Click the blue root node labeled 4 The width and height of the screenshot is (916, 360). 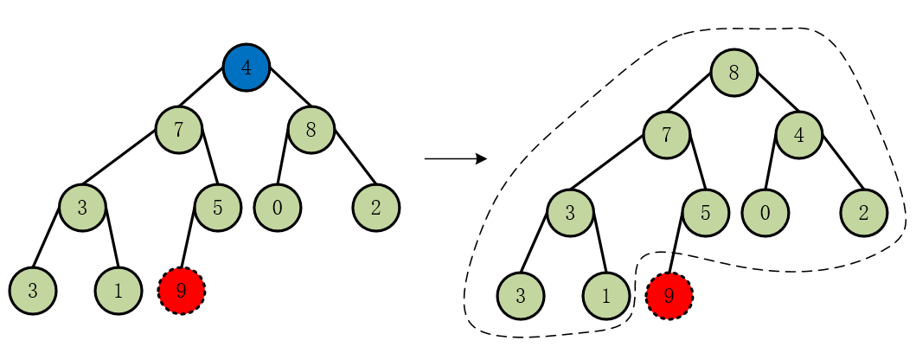247,67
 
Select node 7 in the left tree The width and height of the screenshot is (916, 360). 179,130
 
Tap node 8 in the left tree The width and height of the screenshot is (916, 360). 311,130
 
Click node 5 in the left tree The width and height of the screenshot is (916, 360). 217,208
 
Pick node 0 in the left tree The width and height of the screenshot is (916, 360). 278,208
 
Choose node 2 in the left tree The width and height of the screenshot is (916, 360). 376,208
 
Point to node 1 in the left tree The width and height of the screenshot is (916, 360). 119,291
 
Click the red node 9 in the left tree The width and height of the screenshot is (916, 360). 182,291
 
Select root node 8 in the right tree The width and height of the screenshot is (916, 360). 734,73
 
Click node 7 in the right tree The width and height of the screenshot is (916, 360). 667,135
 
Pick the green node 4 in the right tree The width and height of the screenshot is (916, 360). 799,135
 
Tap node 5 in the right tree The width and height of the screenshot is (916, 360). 705,213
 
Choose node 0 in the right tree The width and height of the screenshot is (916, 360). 765,213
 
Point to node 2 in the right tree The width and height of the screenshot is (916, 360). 864,213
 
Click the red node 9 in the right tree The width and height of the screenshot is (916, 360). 669,296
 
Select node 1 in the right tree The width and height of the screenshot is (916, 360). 606,296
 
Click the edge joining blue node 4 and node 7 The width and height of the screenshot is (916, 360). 202,87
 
